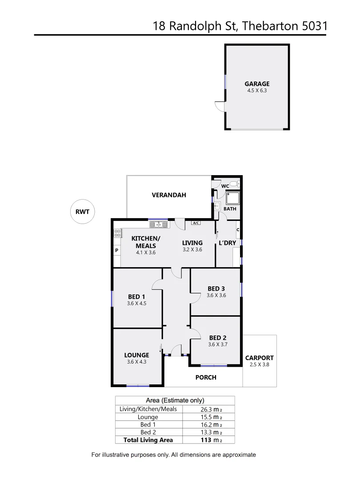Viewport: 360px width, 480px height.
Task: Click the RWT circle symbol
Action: pos(83,212)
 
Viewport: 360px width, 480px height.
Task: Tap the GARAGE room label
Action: pos(257,84)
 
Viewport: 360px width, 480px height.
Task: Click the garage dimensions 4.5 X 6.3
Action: pos(257,90)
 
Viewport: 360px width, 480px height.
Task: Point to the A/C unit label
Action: pos(195,223)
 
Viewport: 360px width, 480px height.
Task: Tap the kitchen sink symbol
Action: pos(158,224)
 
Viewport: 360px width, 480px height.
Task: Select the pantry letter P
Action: pos(116,250)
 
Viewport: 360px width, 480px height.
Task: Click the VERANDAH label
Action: pos(169,195)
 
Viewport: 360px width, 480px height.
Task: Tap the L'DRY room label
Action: pos(227,243)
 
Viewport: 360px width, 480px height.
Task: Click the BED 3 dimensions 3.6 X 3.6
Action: pos(216,295)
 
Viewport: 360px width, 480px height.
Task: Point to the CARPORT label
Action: pos(260,358)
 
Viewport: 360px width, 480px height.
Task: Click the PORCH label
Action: pos(206,377)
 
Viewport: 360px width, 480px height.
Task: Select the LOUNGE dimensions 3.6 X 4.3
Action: pos(136,362)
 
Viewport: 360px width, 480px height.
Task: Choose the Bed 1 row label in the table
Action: pos(148,425)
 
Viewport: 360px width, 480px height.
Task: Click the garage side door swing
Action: pos(219,106)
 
